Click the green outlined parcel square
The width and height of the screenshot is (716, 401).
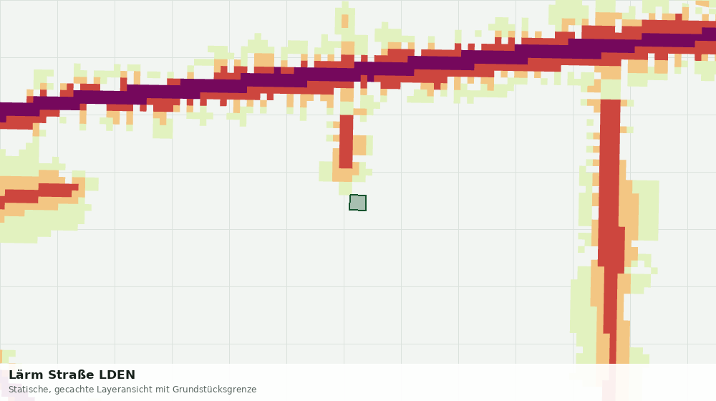[x=357, y=203]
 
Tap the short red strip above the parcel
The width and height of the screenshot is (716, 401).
[x=346, y=142]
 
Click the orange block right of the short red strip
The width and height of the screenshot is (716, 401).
[x=360, y=145]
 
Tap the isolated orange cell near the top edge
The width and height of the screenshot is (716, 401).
[x=345, y=21]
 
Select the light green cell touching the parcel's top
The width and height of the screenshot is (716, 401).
[x=346, y=188]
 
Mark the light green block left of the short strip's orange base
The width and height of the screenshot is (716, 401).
[x=326, y=172]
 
